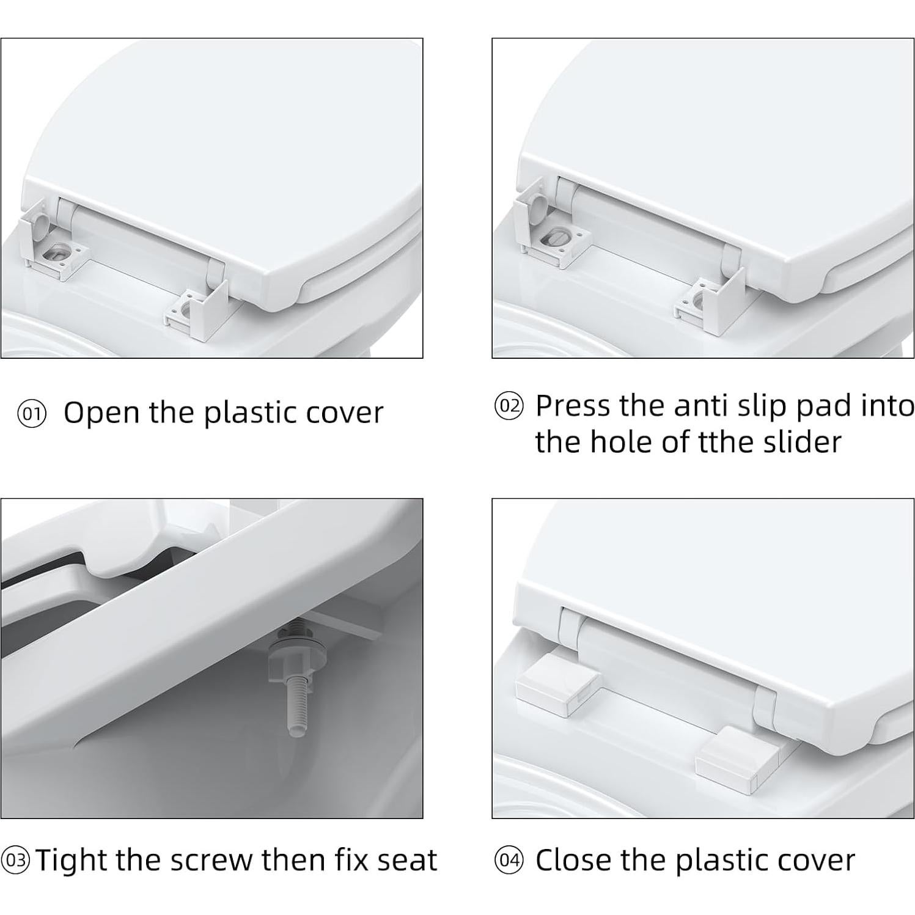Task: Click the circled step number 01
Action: (x=31, y=414)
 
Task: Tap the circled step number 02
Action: (x=509, y=406)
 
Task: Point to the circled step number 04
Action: (x=509, y=861)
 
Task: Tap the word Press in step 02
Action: (x=573, y=405)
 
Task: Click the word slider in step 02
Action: (x=803, y=441)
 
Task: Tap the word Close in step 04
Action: (x=573, y=860)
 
